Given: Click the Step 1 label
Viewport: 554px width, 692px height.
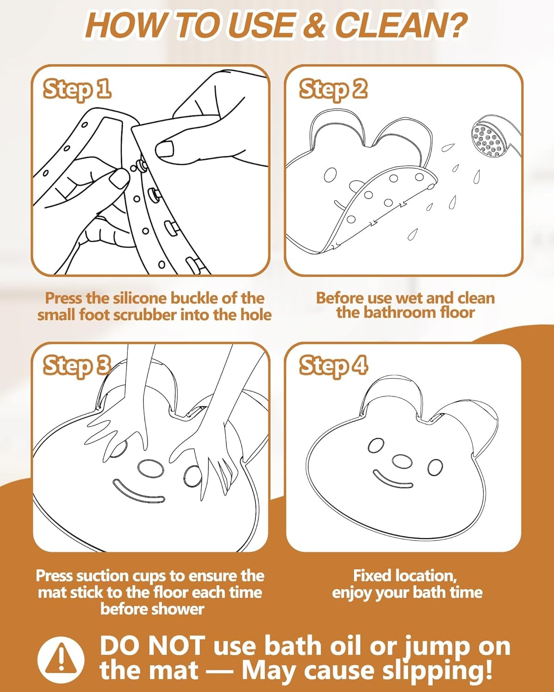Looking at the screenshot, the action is click(x=77, y=89).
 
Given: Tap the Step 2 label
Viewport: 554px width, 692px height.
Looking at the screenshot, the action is click(x=333, y=89).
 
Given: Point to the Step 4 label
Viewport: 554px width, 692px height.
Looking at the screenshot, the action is click(x=333, y=366).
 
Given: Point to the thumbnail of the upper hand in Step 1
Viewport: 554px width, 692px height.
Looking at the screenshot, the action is click(x=164, y=149).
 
